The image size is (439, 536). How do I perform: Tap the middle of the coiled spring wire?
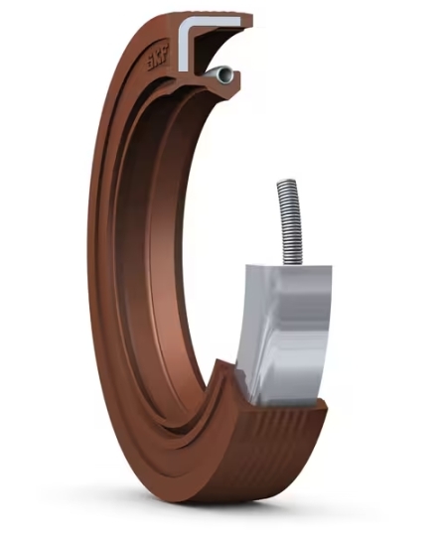pos(289,223)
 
